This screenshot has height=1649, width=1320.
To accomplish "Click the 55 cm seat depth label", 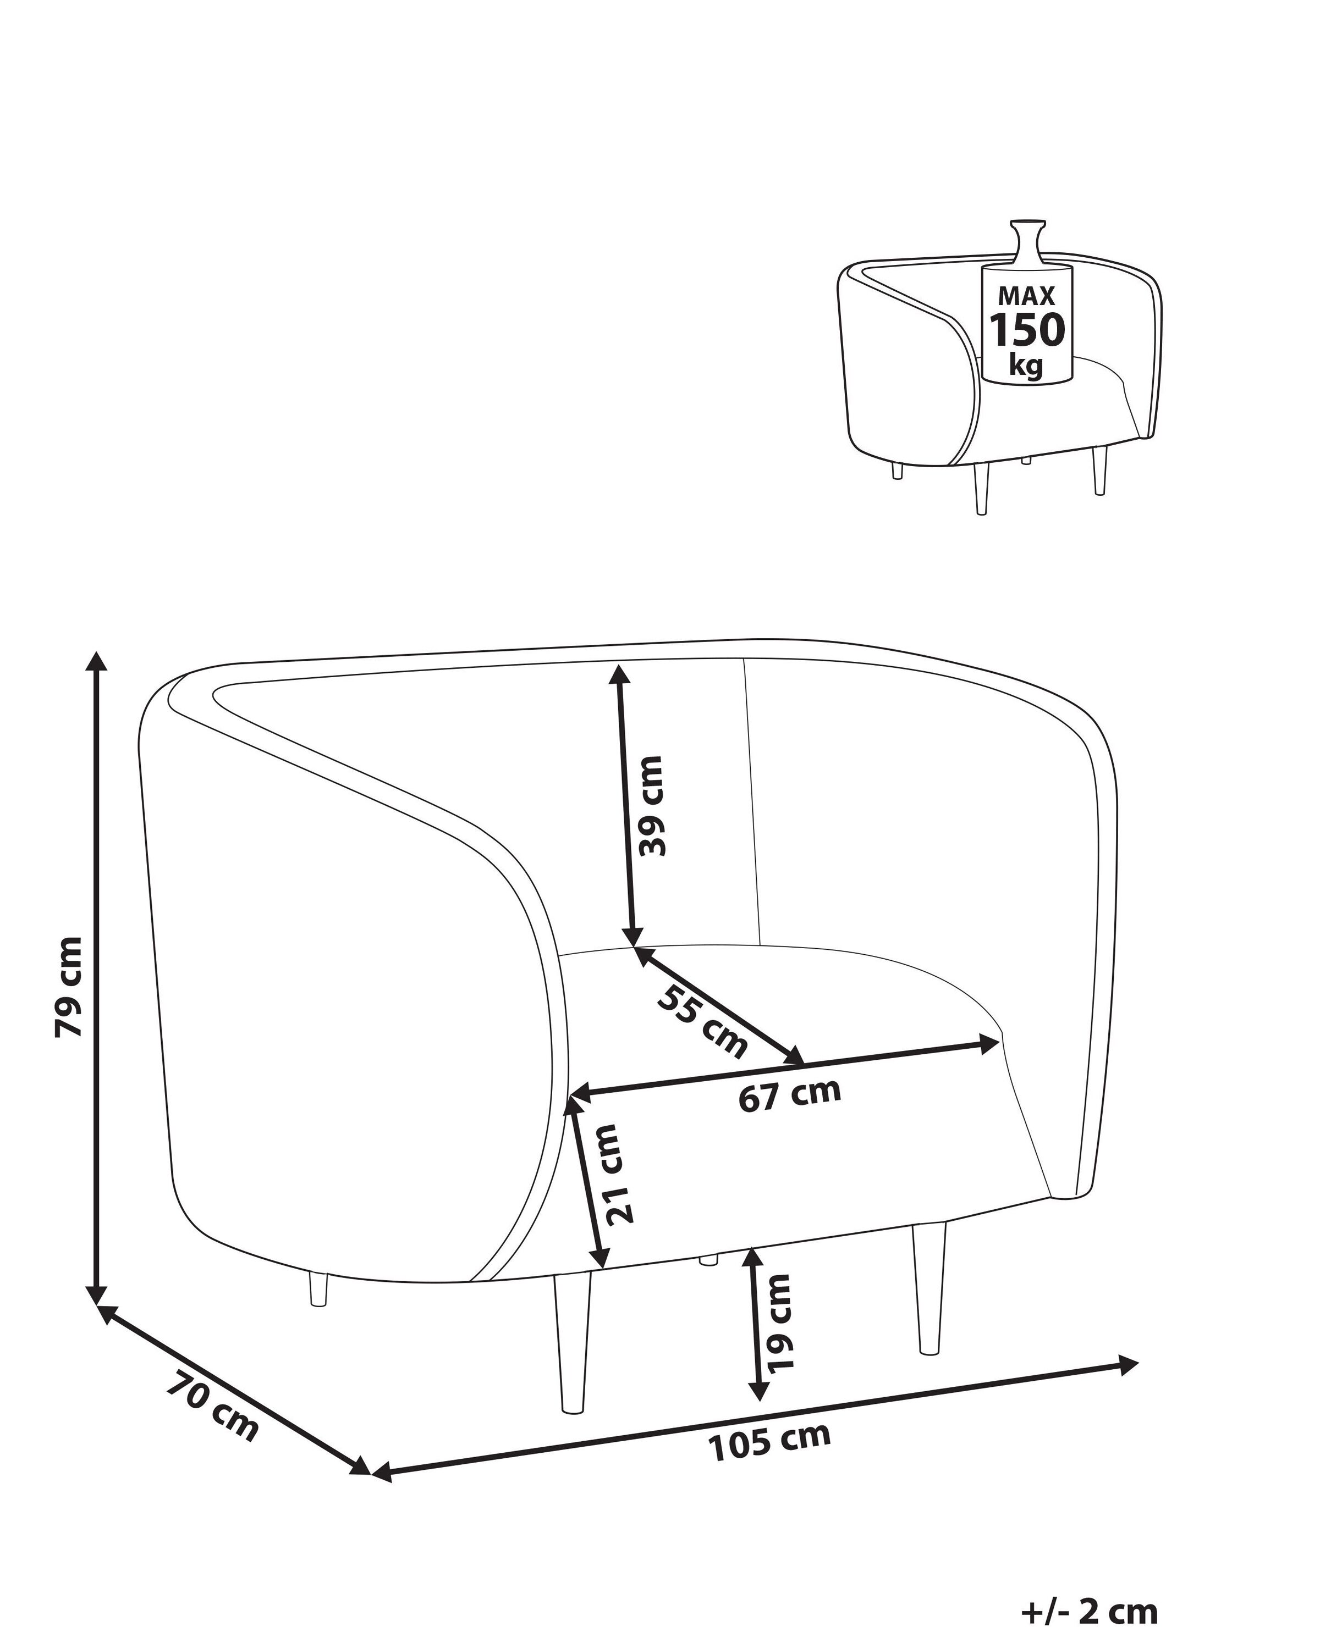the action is [702, 1022].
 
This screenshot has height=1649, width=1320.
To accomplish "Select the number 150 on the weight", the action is [1028, 330].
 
